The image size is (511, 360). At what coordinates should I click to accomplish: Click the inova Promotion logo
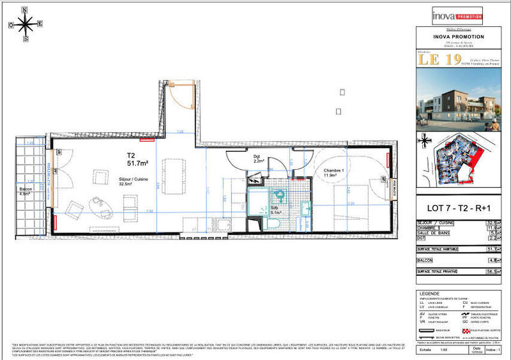click(x=456, y=14)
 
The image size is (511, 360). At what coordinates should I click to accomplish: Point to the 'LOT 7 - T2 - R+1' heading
click(x=459, y=207)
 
